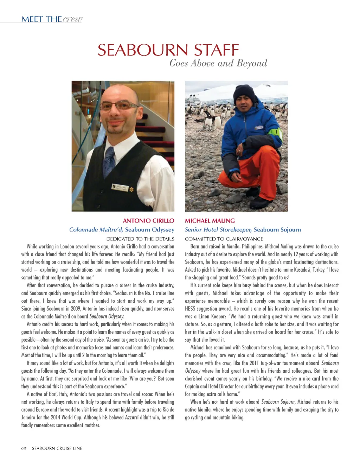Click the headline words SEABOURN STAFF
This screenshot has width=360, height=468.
click(168, 50)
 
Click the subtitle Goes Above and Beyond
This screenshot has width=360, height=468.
click(218, 63)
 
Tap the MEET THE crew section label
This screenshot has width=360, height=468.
click(52, 19)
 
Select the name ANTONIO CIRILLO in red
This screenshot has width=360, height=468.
click(148, 221)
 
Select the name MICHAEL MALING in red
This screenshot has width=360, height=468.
click(210, 221)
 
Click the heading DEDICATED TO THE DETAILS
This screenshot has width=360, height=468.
click(140, 239)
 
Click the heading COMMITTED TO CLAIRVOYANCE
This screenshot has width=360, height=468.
click(224, 239)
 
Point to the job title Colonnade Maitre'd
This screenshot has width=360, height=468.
click(96, 230)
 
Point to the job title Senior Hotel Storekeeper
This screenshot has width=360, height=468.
click(218, 230)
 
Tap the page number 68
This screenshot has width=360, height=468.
click(24, 448)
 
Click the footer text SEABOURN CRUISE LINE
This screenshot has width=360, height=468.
click(57, 448)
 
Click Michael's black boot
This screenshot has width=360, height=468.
click(261, 202)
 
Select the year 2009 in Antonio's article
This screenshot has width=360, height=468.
click(76, 309)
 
